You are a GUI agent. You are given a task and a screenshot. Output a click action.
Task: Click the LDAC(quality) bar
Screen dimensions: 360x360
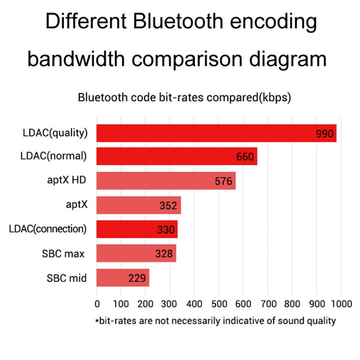pos(216,133)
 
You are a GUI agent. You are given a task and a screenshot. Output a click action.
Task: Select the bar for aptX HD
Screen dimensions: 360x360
pos(166,181)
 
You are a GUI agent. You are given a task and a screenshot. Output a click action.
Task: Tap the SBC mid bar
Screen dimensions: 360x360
pos(123,277)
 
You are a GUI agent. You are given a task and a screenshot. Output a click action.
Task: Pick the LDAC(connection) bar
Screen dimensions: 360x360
pos(137,229)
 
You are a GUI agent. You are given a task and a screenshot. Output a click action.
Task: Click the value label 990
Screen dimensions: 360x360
pos(324,133)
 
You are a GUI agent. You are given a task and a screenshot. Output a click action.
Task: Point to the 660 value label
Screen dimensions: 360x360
pos(245,157)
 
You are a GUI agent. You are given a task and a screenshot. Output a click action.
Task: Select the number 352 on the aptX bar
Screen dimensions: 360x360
pos(168,205)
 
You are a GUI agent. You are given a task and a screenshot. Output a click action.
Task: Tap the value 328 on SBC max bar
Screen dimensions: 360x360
pos(164,253)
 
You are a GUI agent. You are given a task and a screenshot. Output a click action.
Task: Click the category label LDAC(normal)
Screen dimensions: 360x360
pos(53,156)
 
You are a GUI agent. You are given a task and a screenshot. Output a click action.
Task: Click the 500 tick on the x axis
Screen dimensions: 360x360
pos(218,304)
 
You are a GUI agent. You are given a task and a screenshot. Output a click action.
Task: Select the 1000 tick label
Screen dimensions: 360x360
pos(341,304)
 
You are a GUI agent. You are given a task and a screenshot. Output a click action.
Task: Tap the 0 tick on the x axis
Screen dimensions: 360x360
pos(97,304)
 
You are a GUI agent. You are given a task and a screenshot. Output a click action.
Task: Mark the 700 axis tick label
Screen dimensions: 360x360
pos(267,304)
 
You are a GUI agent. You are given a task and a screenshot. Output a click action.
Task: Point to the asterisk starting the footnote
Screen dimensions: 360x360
pos(97,320)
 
